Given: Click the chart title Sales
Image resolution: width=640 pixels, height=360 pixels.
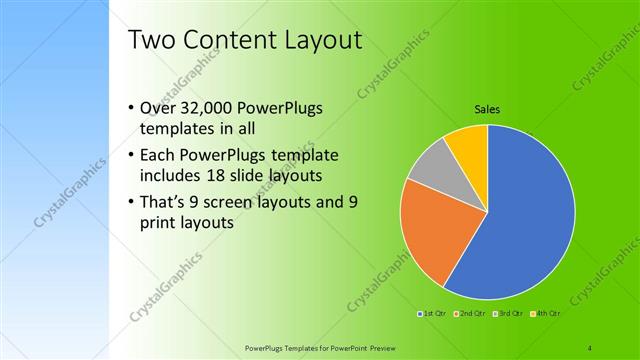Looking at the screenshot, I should click(487, 109).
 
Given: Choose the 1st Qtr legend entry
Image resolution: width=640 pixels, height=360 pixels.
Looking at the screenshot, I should click(433, 315).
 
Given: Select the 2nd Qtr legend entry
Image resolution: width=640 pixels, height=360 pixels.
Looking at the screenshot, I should click(469, 315).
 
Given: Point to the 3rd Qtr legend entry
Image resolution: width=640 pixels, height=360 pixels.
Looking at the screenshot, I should click(507, 315).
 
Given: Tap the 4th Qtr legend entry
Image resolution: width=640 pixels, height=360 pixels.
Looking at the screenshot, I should click(546, 315).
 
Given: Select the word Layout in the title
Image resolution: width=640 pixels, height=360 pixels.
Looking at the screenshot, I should click(320, 40).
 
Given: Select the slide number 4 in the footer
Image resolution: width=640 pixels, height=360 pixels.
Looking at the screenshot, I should click(590, 347).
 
